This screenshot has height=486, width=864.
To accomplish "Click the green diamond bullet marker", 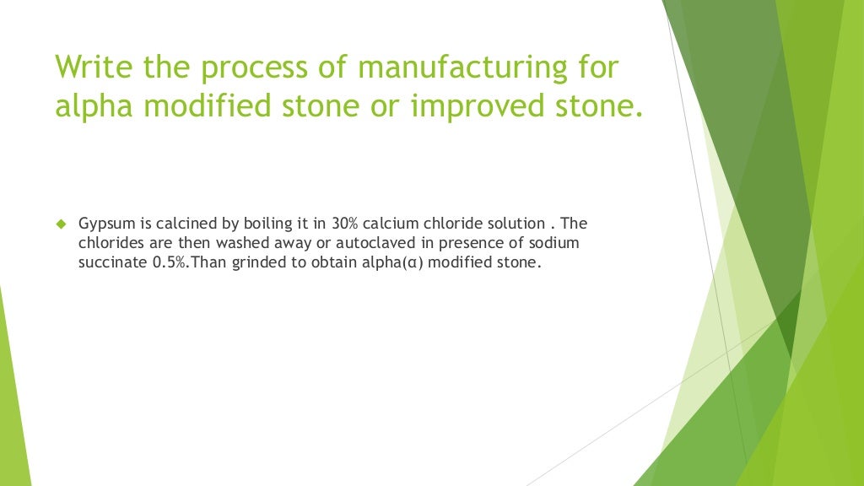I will (x=60, y=224).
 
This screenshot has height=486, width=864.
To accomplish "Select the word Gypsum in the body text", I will (x=104, y=224).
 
